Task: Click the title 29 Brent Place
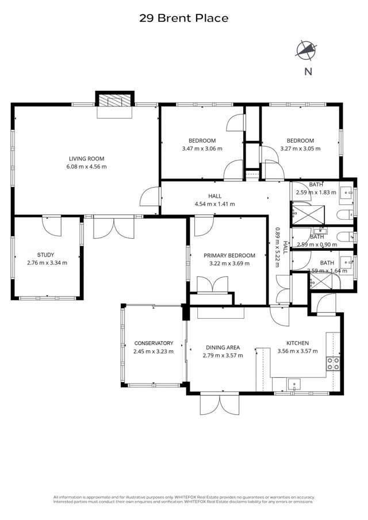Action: point(183,18)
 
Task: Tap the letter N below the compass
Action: point(308,71)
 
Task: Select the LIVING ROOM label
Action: point(87,159)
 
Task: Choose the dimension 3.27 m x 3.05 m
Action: point(300,148)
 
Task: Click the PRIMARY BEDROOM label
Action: point(229,255)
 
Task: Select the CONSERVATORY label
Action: point(153,343)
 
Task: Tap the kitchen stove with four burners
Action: point(333,363)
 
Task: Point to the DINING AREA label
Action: point(223,347)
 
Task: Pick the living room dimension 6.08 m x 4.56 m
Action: point(87,167)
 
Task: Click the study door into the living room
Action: point(52,224)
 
